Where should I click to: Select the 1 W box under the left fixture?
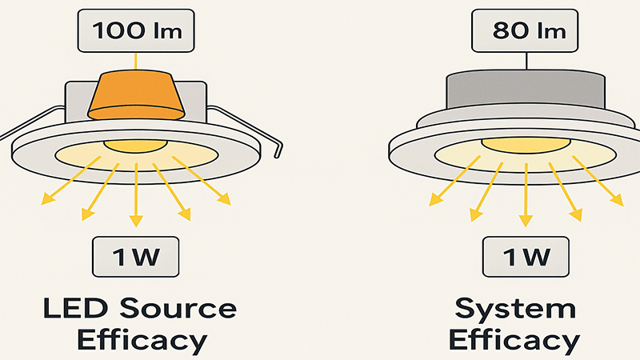(x=135, y=258)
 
